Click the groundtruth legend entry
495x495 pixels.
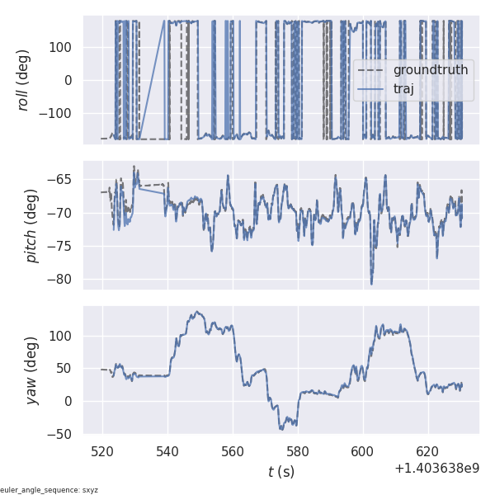click(x=430, y=70)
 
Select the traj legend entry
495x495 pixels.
click(x=403, y=89)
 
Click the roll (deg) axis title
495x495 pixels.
click(x=33, y=81)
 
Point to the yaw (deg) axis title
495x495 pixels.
click(x=33, y=370)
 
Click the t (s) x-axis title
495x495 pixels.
click(x=280, y=472)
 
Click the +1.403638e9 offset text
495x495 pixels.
click(x=436, y=469)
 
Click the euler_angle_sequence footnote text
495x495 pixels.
click(x=49, y=490)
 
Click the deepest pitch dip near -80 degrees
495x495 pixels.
click(x=371, y=283)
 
